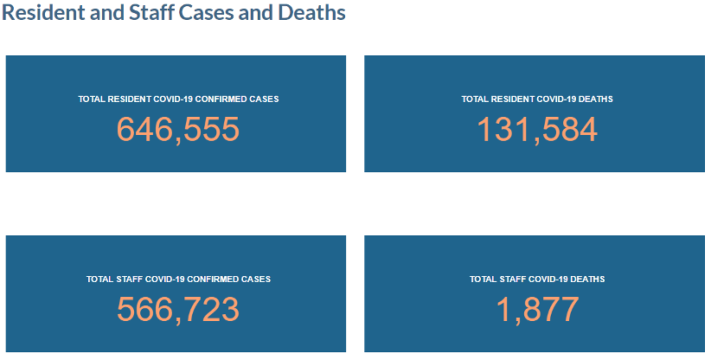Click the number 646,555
(x=177, y=129)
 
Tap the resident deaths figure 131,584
(x=537, y=129)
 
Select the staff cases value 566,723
(x=177, y=309)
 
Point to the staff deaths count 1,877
(x=537, y=309)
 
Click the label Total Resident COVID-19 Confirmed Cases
(x=178, y=100)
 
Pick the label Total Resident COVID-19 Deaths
(x=537, y=100)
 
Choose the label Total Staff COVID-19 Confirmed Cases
(x=179, y=280)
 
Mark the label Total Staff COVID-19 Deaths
(x=537, y=280)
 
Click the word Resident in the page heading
(x=37, y=14)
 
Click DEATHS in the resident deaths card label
(x=595, y=100)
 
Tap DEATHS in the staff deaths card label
(x=586, y=280)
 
